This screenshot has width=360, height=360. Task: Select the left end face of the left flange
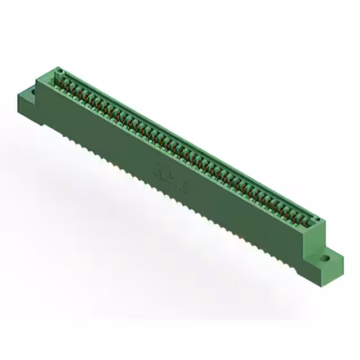[22, 109]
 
